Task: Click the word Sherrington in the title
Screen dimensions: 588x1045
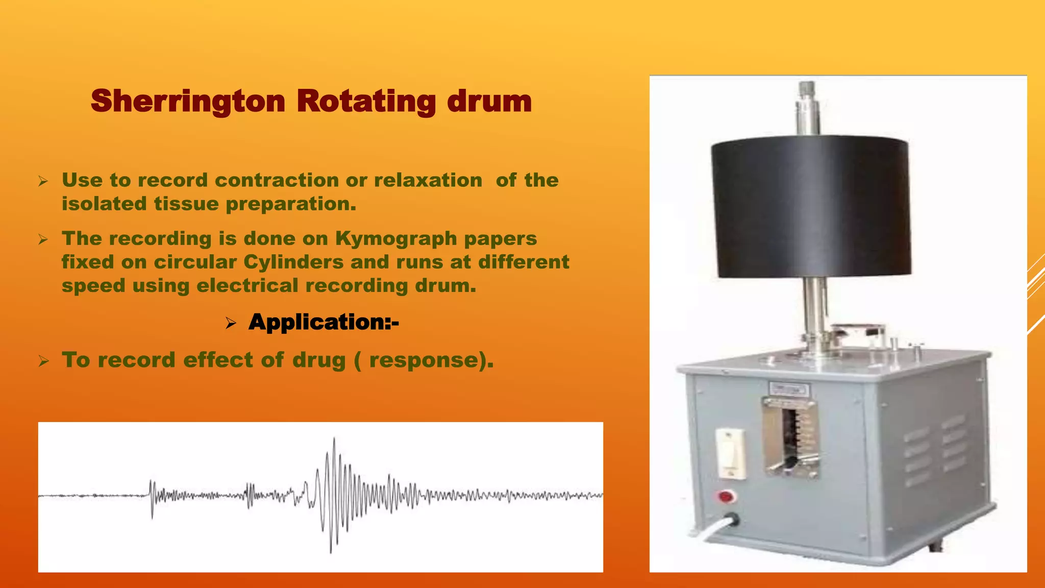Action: (x=188, y=101)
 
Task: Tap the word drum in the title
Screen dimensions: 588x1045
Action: (x=489, y=101)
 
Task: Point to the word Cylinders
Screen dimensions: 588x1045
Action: (x=293, y=262)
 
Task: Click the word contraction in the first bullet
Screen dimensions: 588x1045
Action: (x=277, y=180)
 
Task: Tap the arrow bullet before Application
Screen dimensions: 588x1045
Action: (x=231, y=323)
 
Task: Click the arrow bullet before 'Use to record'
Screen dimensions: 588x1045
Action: (x=43, y=181)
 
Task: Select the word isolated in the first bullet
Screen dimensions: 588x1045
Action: (x=105, y=204)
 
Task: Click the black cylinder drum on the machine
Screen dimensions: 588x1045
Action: (x=810, y=207)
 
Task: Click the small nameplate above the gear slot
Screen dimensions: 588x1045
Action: (x=789, y=389)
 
